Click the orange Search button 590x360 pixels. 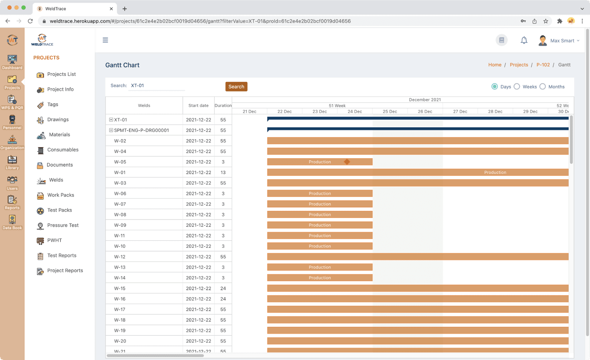(x=236, y=87)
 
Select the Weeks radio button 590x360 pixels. (x=517, y=87)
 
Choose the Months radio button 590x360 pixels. (x=543, y=87)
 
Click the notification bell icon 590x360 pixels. (x=524, y=40)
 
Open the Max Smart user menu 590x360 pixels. (x=559, y=41)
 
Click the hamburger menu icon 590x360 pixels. (x=105, y=40)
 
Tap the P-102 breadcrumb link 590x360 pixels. (x=543, y=65)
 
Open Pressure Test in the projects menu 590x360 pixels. (x=63, y=225)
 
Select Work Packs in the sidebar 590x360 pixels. (x=60, y=195)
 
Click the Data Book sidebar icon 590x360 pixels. (x=12, y=222)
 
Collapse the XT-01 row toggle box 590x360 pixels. (x=111, y=120)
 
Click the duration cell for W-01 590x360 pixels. (x=223, y=173)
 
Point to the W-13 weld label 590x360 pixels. (x=120, y=267)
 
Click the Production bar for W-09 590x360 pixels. (x=320, y=225)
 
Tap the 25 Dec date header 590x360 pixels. (x=390, y=111)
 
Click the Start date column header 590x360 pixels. (x=198, y=105)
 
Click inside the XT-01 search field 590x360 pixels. (x=157, y=86)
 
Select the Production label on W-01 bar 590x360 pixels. (x=495, y=173)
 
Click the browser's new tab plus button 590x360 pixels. (x=125, y=8)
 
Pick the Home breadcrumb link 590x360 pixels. (x=494, y=65)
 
